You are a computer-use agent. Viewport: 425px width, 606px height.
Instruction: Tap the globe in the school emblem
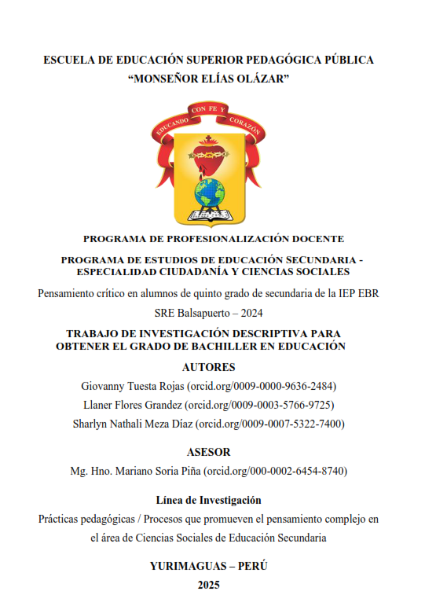tap(210, 192)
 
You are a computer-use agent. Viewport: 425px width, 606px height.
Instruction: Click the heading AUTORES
tap(208, 367)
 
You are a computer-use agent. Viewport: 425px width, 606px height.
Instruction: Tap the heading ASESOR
tap(208, 452)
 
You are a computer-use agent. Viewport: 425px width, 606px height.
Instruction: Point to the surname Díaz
tap(183, 424)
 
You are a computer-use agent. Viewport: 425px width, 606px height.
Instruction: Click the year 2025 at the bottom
tap(209, 584)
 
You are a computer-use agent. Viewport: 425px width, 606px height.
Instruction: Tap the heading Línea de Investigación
tap(208, 500)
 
